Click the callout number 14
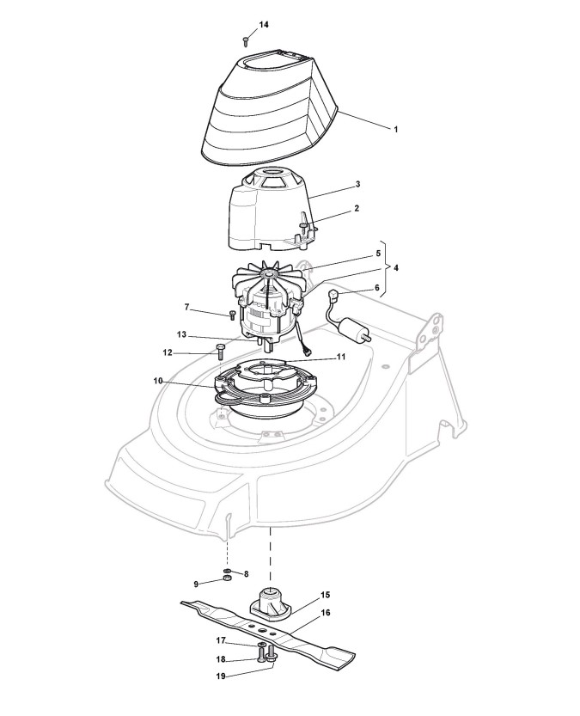tap(264, 25)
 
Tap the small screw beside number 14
tap(247, 39)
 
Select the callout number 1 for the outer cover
tap(395, 129)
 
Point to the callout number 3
tap(357, 185)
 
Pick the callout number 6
tap(375, 289)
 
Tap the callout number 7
tap(186, 307)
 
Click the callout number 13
tap(182, 334)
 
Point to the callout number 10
tap(158, 381)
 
